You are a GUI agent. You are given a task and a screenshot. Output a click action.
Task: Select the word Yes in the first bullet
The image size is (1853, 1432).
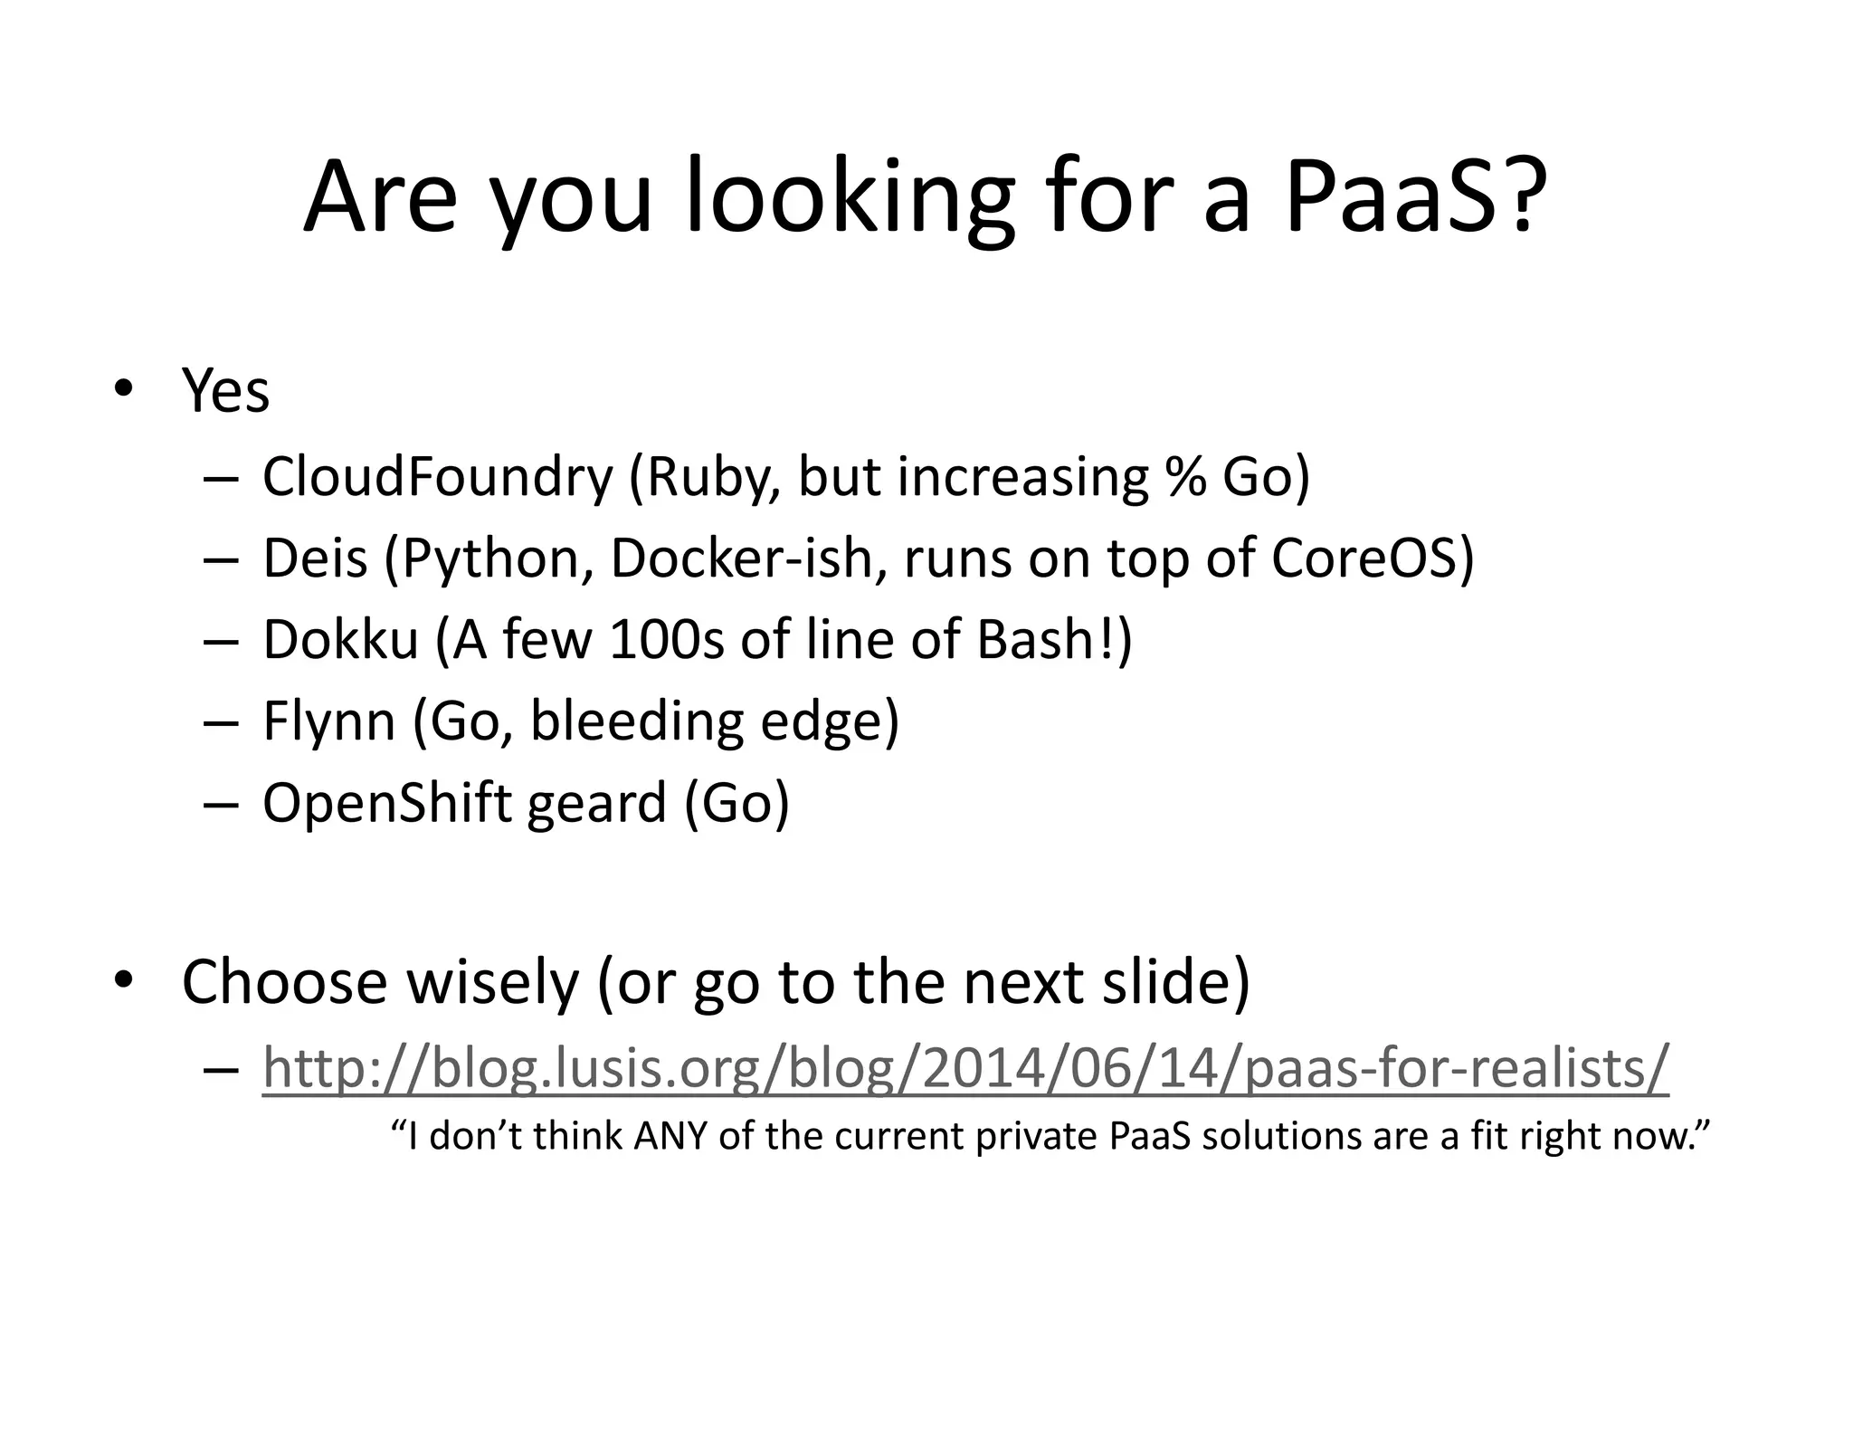coord(225,391)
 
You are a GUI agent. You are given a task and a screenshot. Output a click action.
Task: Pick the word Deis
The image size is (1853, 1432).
coord(315,558)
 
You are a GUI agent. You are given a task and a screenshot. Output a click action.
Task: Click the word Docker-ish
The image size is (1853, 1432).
coord(749,558)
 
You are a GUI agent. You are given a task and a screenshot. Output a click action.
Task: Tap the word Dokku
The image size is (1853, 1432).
coord(340,639)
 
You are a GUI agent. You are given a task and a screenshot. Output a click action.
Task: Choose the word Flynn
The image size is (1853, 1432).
coord(329,721)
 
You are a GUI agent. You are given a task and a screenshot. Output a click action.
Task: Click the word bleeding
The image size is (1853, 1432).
coord(636,721)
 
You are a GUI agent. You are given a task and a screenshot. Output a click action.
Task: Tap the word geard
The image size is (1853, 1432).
coord(597,803)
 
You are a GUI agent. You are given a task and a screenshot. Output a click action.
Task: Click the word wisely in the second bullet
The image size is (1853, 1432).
coord(492,981)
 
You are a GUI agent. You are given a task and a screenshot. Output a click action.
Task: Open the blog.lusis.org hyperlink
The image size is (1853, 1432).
coord(965,1067)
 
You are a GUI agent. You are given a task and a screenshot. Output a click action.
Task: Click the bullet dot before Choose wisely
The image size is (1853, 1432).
coord(124,980)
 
